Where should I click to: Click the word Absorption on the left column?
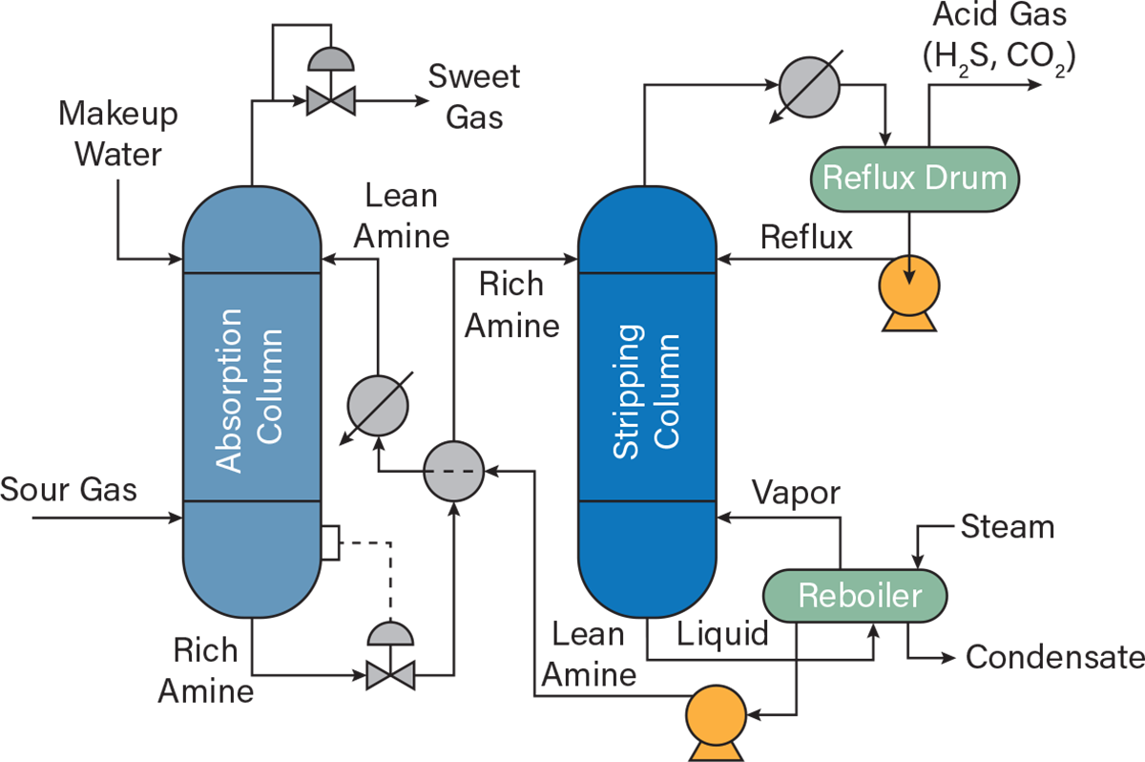point(230,390)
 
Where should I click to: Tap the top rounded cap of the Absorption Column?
point(252,230)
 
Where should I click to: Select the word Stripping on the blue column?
point(627,392)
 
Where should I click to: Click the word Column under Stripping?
point(666,392)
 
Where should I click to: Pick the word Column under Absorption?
point(270,387)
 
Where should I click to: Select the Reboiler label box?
point(855,596)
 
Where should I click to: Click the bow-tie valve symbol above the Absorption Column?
point(331,101)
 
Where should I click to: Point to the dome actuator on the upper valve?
point(331,61)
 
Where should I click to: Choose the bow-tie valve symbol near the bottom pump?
point(390,675)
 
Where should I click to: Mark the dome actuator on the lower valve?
point(390,635)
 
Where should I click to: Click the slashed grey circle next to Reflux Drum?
point(809,88)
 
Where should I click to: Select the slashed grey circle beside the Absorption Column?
point(378,406)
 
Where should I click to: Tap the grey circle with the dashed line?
point(454,472)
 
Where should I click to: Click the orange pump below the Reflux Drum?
point(908,290)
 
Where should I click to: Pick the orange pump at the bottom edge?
point(716,721)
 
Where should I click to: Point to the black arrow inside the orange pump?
point(909,271)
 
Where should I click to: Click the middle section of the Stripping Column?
point(647,387)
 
